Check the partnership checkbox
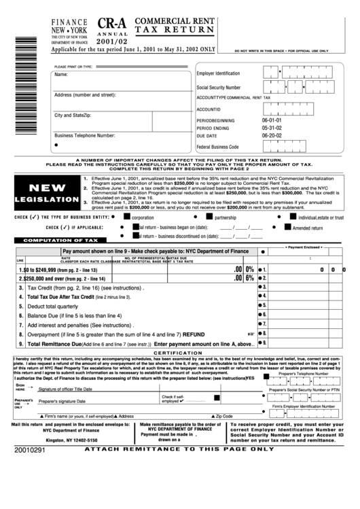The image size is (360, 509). pos(209,217)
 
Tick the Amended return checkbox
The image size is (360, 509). pos(287,228)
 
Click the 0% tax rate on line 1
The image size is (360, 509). pos(249,269)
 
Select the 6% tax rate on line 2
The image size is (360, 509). pos(249,278)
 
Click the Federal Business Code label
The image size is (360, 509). pos(217,146)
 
